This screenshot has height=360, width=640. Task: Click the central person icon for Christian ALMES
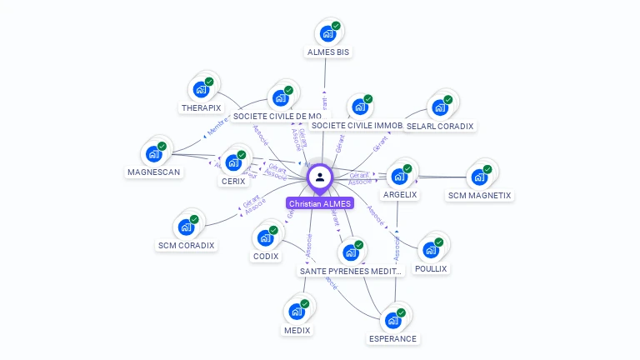click(320, 177)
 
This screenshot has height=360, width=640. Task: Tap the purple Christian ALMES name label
click(320, 203)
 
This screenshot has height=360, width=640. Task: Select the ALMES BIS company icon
click(327, 34)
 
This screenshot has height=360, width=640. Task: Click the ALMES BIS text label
click(328, 52)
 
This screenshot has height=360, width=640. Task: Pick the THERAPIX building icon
click(201, 90)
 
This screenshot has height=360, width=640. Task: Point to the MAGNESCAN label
click(154, 172)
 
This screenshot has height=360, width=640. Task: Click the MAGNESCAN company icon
click(153, 154)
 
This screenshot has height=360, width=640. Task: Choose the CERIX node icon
click(233, 162)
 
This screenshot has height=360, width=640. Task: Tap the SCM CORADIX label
click(187, 245)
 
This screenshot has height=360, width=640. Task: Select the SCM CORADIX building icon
click(186, 227)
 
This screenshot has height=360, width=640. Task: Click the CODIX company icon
click(265, 237)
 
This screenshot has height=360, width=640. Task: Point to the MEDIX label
click(297, 330)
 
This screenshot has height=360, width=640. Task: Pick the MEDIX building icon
click(297, 312)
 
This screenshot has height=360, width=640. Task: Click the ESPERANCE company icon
click(392, 321)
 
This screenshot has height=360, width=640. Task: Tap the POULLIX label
click(431, 268)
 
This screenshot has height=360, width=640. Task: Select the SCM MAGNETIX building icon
click(479, 177)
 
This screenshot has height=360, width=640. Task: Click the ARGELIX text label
click(400, 194)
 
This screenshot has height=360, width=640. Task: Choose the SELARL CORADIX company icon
click(439, 107)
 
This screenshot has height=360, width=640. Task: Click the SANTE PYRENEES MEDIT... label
click(351, 271)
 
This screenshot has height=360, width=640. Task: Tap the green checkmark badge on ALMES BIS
click(336, 26)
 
